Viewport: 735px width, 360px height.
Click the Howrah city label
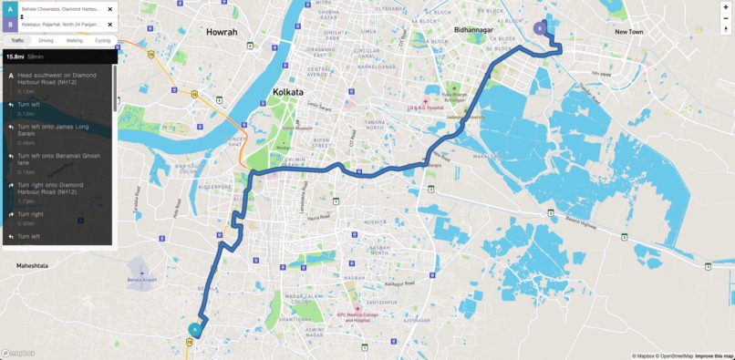[x=222, y=32]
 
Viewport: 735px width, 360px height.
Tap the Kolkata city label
[x=288, y=92]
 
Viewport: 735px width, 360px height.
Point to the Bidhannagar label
[x=473, y=30]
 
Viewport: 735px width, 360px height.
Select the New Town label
[x=628, y=32]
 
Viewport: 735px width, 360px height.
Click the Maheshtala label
[x=32, y=265]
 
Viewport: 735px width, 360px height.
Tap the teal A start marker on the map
[x=194, y=330]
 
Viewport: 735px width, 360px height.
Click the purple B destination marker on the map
[x=539, y=28]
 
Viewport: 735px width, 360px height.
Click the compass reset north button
[x=726, y=29]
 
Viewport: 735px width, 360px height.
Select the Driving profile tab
[x=46, y=41]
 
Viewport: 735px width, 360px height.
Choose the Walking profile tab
[x=74, y=41]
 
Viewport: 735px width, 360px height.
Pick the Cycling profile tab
[x=102, y=41]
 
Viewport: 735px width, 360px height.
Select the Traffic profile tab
[x=17, y=41]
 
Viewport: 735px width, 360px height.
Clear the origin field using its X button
[x=110, y=9]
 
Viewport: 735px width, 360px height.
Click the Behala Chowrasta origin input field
[x=60, y=9]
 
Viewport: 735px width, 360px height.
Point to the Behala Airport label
[x=141, y=279]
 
